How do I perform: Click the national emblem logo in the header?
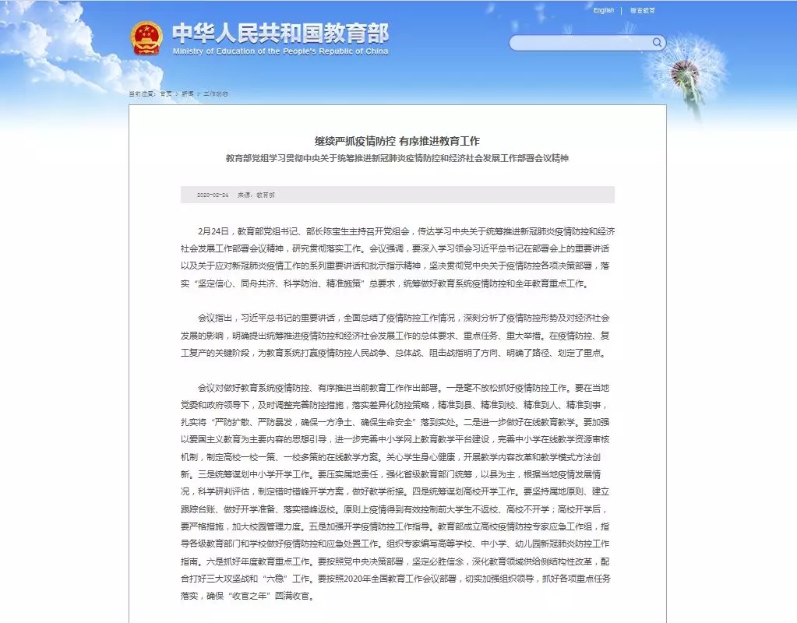pos(146,38)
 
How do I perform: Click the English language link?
pos(604,11)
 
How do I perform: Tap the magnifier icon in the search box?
pos(658,42)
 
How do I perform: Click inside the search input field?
pos(580,43)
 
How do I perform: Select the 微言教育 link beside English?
pos(643,11)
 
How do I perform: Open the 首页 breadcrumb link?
pos(166,93)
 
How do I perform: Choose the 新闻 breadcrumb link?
pos(188,93)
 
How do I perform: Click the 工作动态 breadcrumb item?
pos(216,93)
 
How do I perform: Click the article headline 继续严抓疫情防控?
pos(397,141)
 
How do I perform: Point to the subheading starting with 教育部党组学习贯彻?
pos(397,158)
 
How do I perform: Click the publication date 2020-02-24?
pos(212,195)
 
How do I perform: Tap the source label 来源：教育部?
pos(256,195)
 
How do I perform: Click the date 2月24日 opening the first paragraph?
pos(211,231)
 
